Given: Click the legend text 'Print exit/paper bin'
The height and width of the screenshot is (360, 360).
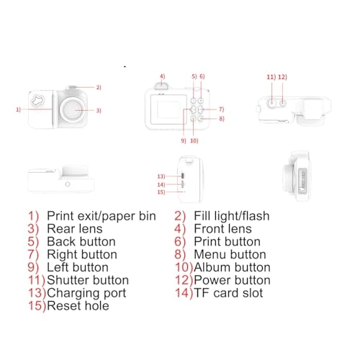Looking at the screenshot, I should click(x=101, y=215).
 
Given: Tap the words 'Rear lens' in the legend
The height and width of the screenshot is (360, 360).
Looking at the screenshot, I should click(x=76, y=228).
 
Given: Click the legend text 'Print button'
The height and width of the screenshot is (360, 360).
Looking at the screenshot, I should click(x=227, y=241).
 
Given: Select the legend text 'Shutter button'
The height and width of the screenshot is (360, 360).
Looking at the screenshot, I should click(x=88, y=280).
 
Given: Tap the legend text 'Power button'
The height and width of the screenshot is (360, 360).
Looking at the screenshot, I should click(x=232, y=280).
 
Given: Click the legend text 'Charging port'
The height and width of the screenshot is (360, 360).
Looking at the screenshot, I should click(x=86, y=293).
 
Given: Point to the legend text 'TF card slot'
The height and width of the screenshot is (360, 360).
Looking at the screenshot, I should click(x=228, y=293).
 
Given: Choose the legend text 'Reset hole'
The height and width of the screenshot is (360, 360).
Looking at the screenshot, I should click(x=78, y=306).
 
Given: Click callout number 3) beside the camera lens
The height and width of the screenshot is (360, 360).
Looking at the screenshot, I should click(x=99, y=110).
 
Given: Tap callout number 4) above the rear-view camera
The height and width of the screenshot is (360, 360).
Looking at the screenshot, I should click(x=163, y=76).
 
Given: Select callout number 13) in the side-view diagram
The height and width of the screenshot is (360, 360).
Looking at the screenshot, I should click(x=161, y=176).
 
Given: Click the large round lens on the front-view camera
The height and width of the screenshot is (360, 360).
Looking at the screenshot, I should click(x=71, y=109).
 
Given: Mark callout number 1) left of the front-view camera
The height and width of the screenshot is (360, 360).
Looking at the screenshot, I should click(x=17, y=109).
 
